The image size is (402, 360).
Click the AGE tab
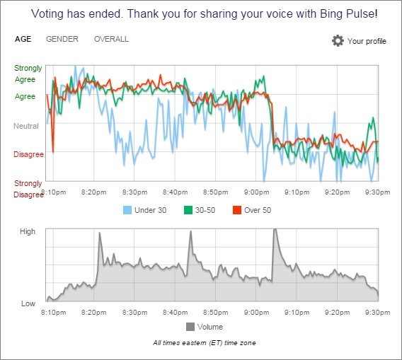23,39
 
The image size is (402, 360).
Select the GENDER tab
62,39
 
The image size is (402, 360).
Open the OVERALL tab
111,39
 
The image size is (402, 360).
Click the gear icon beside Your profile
338,41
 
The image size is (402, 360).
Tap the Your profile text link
367,41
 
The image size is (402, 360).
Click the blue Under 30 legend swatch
127,210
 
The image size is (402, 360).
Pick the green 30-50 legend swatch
188,210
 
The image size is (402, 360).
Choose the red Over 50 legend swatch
237,210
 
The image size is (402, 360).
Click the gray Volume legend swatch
190,327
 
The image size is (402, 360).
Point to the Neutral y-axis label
26,126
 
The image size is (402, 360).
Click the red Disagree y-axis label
28,154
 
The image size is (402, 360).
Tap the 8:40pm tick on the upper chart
175,192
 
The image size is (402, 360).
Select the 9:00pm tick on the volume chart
256,313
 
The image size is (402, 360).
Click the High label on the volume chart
28,231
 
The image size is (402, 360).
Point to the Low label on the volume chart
28,303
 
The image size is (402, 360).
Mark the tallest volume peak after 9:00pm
275,229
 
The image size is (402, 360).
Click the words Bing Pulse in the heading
349,13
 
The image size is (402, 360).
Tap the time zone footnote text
205,343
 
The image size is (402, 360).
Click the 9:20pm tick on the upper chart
337,192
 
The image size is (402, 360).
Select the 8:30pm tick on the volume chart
134,313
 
